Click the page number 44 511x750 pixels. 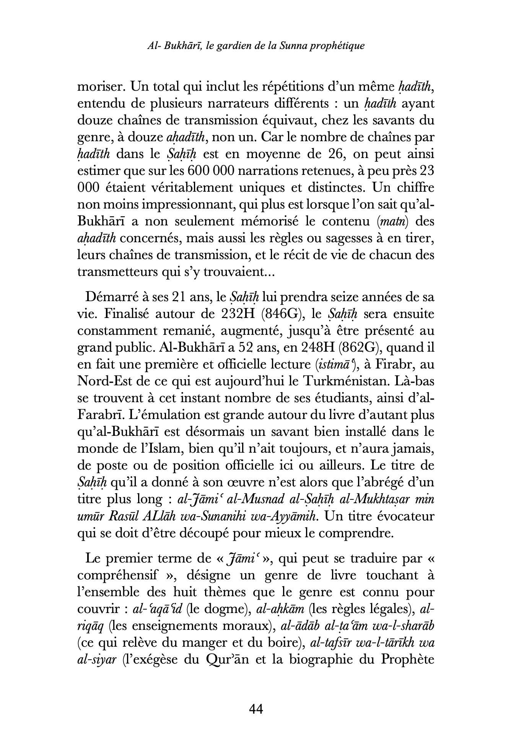coord(256,709)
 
